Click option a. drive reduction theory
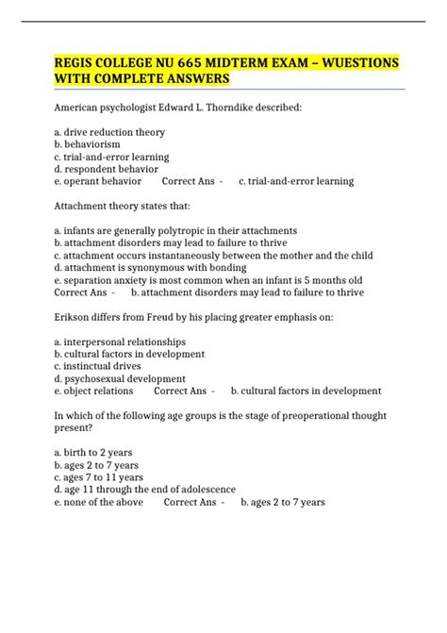click(x=109, y=132)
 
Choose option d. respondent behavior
click(x=108, y=169)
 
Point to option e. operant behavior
click(x=98, y=181)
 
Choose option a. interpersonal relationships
click(x=120, y=341)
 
